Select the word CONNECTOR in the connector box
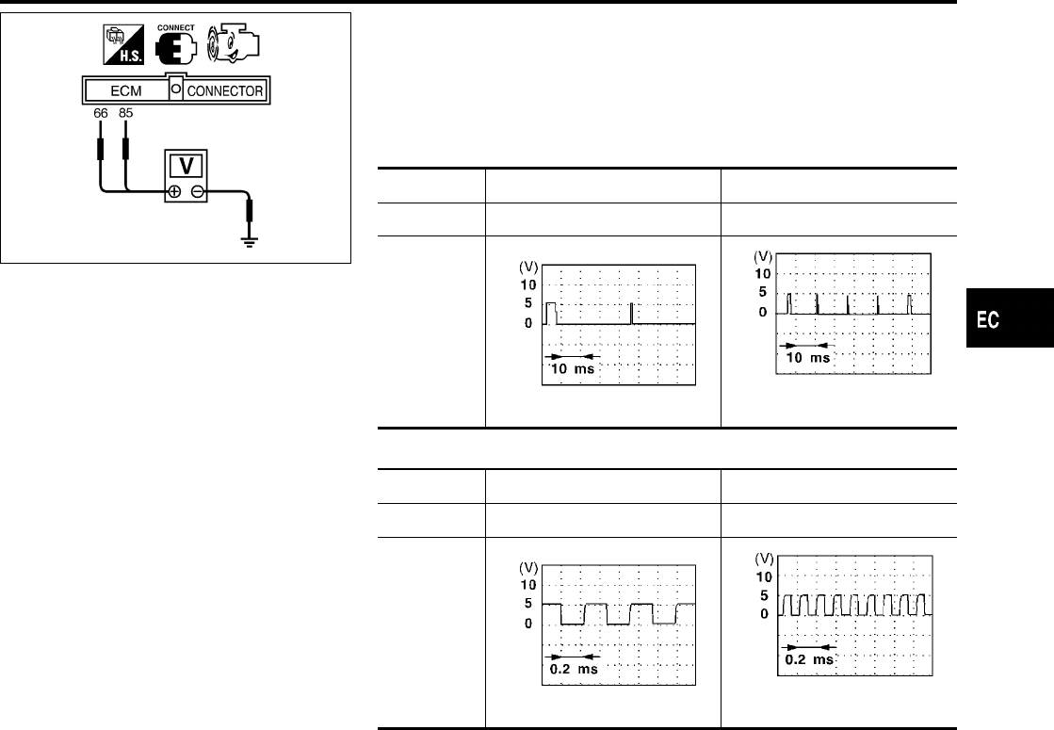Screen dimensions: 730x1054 coord(225,91)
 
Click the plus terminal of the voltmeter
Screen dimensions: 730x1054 coord(174,192)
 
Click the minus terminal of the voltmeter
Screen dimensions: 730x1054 coord(198,192)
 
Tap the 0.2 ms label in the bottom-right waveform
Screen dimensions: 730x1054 coord(808,659)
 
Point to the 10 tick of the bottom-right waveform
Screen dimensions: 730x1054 coord(765,576)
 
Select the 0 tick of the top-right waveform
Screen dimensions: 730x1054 coord(765,312)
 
